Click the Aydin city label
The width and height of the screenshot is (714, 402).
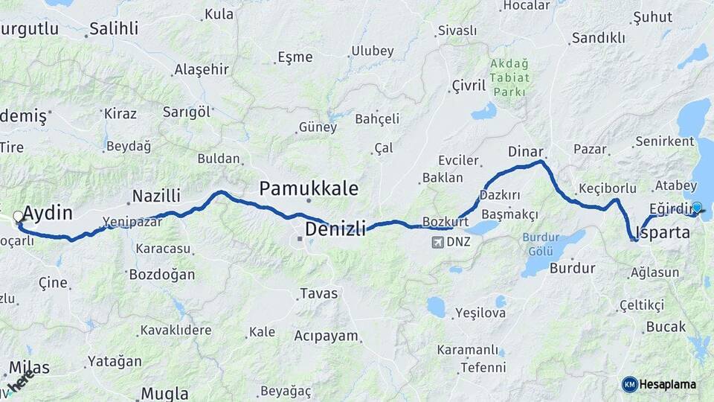tap(48, 214)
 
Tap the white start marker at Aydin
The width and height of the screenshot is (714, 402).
tap(18, 217)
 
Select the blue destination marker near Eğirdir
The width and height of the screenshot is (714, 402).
tap(696, 208)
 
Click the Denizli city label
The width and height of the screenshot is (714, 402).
tap(335, 229)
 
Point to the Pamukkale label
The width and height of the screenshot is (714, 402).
tap(308, 188)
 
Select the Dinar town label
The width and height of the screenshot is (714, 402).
tap(525, 151)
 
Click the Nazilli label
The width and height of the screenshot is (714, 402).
tap(156, 196)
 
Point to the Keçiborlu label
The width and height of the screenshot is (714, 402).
tap(603, 188)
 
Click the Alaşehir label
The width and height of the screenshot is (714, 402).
tap(201, 69)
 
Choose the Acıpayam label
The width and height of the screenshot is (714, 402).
tap(326, 336)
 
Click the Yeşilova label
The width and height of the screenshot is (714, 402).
tap(480, 313)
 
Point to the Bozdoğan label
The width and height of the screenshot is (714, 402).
tap(161, 275)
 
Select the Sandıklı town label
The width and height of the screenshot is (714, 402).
tap(598, 38)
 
